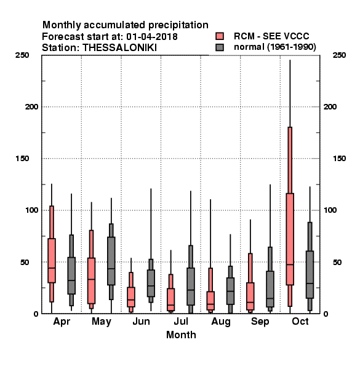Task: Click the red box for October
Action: click(290, 239)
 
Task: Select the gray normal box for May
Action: click(111, 261)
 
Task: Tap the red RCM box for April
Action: click(52, 261)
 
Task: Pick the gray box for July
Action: click(191, 287)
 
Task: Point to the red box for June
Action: click(131, 297)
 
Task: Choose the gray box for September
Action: click(270, 289)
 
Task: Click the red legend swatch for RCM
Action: click(220, 36)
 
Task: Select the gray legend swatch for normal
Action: click(220, 47)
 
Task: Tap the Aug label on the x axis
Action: click(221, 322)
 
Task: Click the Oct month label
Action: click(300, 321)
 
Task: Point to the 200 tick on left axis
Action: click(31, 107)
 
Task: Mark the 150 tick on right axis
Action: click(339, 159)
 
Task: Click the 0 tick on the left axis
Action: click(36, 314)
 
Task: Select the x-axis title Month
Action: click(181, 335)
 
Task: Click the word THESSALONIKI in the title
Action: click(119, 48)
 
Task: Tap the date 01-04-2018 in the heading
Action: click(152, 37)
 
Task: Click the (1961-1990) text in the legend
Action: click(292, 47)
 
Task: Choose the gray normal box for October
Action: click(310, 275)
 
